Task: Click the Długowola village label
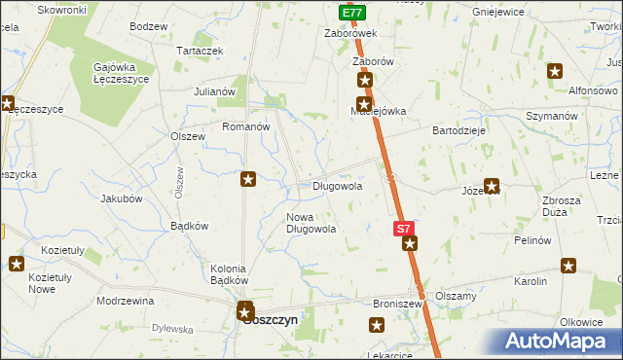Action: pos(337,186)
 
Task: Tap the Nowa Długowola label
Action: pos(311,223)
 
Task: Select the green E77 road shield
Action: pos(353,13)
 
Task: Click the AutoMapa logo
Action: pos(560,342)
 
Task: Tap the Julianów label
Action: pos(215,91)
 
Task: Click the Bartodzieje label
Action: pos(459,129)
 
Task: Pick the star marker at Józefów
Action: pos(492,185)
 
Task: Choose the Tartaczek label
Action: pos(200,50)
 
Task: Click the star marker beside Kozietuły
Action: pos(17,263)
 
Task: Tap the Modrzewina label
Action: pos(126,301)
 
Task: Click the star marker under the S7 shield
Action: pos(410,243)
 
